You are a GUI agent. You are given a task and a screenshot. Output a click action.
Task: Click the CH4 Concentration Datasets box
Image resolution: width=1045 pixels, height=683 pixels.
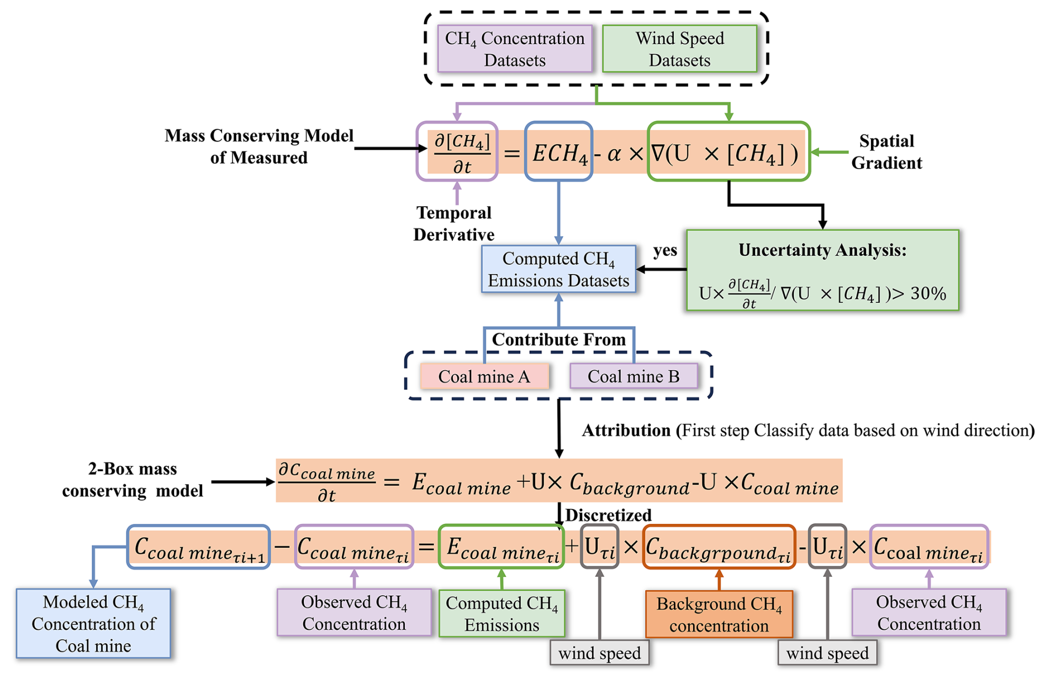(x=515, y=49)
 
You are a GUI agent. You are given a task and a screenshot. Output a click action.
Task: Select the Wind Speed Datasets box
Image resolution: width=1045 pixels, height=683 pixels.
(x=679, y=49)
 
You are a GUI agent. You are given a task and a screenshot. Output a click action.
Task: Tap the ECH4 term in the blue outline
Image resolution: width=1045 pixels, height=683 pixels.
(x=558, y=152)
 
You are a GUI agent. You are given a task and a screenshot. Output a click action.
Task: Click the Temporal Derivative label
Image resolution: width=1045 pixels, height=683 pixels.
(x=454, y=223)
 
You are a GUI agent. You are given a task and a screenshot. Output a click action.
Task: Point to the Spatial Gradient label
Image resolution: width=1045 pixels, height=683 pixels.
(x=886, y=152)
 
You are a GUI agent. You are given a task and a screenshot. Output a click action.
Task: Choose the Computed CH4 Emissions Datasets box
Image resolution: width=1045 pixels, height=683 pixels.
(x=558, y=269)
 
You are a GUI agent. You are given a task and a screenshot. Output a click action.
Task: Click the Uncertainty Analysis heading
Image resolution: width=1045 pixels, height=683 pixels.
(x=822, y=250)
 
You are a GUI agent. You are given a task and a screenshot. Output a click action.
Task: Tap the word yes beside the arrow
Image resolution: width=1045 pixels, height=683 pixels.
(x=665, y=250)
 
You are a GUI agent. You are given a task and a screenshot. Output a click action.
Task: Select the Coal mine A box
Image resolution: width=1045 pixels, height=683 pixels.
(x=484, y=376)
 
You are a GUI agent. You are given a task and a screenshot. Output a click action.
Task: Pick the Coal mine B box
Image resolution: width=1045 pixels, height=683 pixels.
(x=634, y=376)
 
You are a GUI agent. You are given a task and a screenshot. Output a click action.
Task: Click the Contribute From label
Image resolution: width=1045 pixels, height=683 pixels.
(x=559, y=339)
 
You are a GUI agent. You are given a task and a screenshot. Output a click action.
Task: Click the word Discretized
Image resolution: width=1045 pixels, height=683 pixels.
(x=609, y=515)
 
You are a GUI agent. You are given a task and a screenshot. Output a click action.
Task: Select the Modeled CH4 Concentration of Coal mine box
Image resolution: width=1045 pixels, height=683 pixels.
(x=93, y=623)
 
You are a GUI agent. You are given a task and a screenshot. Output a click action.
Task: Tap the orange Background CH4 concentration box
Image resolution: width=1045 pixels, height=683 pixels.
(x=719, y=614)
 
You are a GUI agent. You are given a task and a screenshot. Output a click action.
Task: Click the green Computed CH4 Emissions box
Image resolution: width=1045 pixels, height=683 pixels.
(x=502, y=613)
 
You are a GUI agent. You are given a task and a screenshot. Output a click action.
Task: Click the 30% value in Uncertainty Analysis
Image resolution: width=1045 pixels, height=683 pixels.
(x=928, y=293)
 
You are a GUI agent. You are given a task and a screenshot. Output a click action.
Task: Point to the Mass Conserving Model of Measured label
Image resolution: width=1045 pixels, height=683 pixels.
(x=259, y=146)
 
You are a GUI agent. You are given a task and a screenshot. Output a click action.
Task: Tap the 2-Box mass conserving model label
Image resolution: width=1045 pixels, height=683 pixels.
(x=133, y=480)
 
